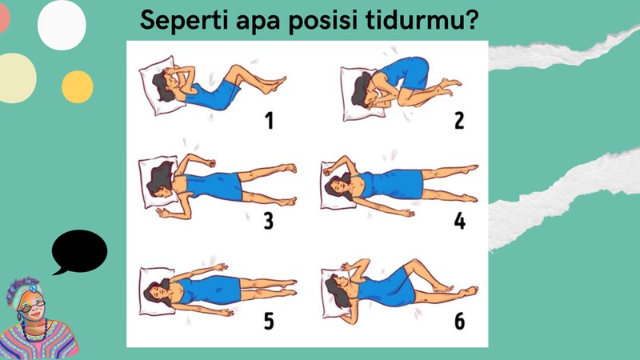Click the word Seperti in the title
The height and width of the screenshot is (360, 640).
coord(185,21)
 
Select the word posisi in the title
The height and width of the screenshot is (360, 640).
coord(323,21)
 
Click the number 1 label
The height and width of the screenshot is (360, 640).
coord(269,121)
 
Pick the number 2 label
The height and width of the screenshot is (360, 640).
coord(459,121)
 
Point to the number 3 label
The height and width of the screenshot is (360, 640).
coord(268,221)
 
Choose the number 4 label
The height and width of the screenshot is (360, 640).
coord(459,221)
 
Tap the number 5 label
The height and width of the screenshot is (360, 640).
coord(269,321)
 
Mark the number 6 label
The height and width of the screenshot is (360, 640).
coord(459,321)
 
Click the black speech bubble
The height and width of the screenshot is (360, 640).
coord(79,251)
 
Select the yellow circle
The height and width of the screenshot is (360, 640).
coord(77,87)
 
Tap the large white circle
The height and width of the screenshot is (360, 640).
coord(62,25)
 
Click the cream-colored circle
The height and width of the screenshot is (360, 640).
coord(16,78)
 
